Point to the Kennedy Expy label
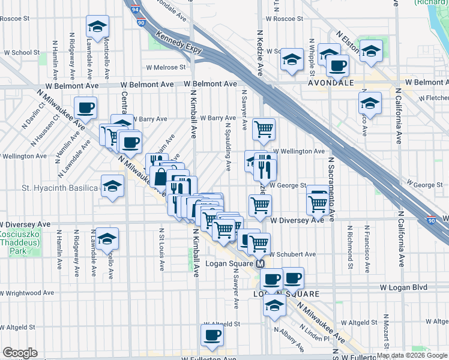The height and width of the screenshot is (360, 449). tap(178, 43)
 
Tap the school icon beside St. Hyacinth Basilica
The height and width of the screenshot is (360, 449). tap(112, 186)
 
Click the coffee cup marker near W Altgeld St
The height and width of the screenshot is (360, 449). tap(212, 335)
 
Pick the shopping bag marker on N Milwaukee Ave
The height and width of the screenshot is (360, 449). tap(161, 177)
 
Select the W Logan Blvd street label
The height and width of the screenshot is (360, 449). tap(404, 288)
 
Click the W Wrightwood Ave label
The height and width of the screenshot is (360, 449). tap(26, 293)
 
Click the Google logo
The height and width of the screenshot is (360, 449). tap(20, 353)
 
